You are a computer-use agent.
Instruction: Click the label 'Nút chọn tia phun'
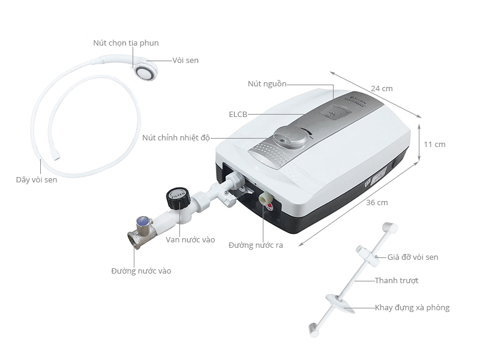point(126,43)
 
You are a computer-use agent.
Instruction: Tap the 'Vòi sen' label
point(185,61)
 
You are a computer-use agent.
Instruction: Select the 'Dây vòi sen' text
point(37,179)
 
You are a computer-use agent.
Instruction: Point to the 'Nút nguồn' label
point(267,84)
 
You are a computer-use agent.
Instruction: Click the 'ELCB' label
point(238,115)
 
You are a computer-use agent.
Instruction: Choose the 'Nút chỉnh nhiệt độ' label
point(176,138)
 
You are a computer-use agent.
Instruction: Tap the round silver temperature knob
point(290,137)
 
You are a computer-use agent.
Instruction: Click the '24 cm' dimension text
point(382,89)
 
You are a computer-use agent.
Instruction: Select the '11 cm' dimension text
point(434,145)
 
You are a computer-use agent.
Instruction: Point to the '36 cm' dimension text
point(377,203)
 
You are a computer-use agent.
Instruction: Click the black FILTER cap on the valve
point(178,199)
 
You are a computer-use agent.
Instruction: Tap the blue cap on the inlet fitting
point(143,221)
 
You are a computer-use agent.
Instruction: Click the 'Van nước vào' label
point(190,239)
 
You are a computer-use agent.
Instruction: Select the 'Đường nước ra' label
point(256,245)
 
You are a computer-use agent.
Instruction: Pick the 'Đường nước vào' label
point(141,271)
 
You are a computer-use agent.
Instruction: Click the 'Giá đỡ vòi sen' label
point(413,257)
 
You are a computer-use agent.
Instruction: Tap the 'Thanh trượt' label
point(397,281)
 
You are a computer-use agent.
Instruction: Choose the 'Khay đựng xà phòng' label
point(412,308)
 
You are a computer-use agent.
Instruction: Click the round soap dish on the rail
point(340,303)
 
